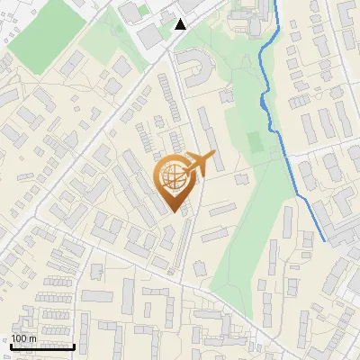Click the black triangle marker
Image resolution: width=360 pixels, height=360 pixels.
181,24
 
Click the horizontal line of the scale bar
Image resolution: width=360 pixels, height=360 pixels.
41,346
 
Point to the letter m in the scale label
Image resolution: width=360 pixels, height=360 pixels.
33,338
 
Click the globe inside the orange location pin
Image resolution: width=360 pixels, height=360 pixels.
174,178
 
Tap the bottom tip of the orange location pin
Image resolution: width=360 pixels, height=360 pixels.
174,212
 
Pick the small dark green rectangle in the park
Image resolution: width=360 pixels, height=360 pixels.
256,142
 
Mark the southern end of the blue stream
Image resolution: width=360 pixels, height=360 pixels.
324,241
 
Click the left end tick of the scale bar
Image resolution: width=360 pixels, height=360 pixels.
11,344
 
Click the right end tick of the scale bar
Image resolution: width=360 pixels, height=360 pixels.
73,344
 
